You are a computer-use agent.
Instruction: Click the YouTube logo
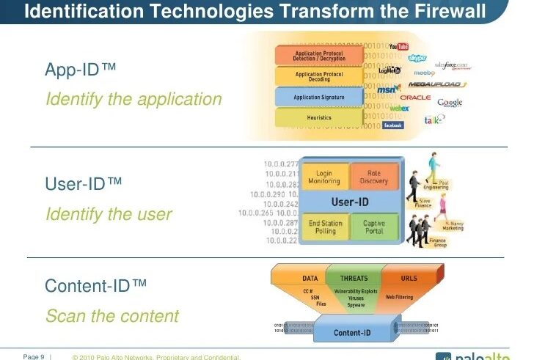pyautogui.click(x=398, y=46)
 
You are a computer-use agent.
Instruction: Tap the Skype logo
pyautogui.click(x=417, y=58)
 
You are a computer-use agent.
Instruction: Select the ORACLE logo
pyautogui.click(x=415, y=97)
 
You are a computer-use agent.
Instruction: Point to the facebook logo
pyautogui.click(x=393, y=125)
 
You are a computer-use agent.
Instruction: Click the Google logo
pyautogui.click(x=450, y=102)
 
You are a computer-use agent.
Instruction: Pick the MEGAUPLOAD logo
pyautogui.click(x=434, y=84)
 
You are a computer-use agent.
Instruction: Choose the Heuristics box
pyautogui.click(x=318, y=117)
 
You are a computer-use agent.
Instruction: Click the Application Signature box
pyautogui.click(x=318, y=97)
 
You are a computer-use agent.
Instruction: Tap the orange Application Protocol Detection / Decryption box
pyautogui.click(x=318, y=55)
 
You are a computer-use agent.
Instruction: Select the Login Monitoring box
pyautogui.click(x=324, y=178)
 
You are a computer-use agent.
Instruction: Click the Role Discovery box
pyautogui.click(x=374, y=178)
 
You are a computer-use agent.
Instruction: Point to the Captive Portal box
pyautogui.click(x=374, y=227)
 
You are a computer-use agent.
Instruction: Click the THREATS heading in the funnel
pyautogui.click(x=354, y=279)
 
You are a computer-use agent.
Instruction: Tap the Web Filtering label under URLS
pyautogui.click(x=400, y=298)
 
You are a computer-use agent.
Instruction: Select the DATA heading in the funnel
pyautogui.click(x=310, y=279)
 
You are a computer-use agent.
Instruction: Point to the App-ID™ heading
pyautogui.click(x=81, y=70)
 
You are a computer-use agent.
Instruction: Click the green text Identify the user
pyautogui.click(x=109, y=214)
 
